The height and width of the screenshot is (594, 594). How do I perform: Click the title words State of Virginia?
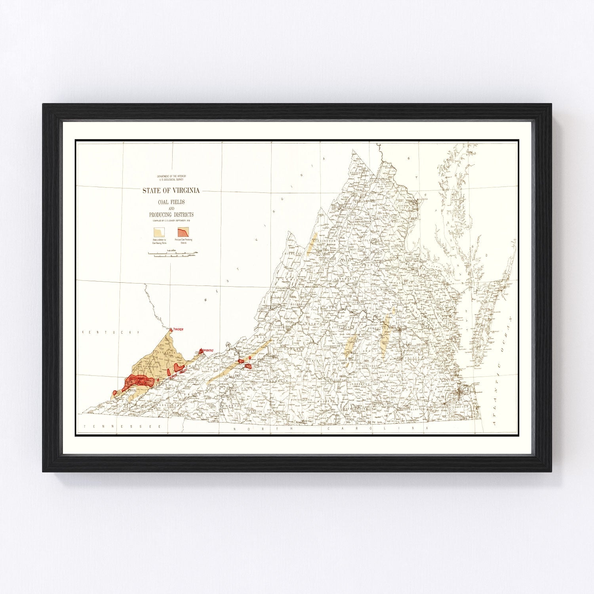tap(171, 190)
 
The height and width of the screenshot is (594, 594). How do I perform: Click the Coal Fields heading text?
tap(171, 202)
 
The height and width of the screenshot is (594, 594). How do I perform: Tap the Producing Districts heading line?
tap(171, 215)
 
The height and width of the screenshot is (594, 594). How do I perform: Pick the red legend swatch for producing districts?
tap(183, 232)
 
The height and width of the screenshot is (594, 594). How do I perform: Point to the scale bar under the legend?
tap(173, 253)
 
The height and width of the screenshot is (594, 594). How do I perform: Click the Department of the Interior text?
tap(171, 176)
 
